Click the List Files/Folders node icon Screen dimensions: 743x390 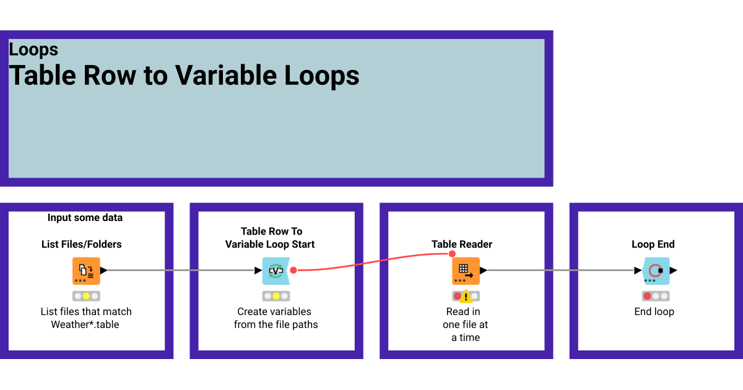point(86,271)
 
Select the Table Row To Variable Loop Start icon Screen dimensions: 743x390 point(276,271)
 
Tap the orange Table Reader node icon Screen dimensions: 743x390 point(466,271)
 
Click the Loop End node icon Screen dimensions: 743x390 point(656,271)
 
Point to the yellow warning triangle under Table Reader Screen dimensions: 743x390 point(466,296)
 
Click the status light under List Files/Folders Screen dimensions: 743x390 point(86,296)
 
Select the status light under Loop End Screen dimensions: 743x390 point(656,296)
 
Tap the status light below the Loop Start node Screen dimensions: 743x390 point(276,296)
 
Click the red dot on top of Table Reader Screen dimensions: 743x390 point(452,254)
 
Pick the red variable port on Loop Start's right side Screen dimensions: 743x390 point(293,271)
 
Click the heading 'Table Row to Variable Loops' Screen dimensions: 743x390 point(184,76)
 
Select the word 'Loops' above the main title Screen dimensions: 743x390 point(33,50)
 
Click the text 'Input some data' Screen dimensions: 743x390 point(85,217)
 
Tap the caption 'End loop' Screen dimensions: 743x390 point(654,312)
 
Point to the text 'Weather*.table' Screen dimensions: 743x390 point(85,324)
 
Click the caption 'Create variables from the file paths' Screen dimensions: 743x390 point(276,318)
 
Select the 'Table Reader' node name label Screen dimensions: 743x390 point(462,245)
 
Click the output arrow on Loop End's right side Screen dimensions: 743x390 point(674,271)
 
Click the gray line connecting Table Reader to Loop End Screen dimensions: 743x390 point(560,271)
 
